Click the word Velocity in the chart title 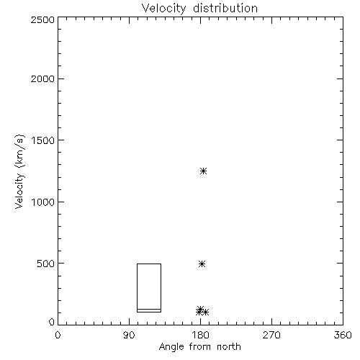point(163,9)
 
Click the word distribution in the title point(225,8)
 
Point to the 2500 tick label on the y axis point(42,19)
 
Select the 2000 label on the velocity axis point(42,78)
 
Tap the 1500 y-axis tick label point(43,140)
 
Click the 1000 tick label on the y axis point(43,202)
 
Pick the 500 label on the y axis point(45,264)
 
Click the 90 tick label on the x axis point(129,336)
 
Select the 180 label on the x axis point(201,336)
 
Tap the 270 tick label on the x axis point(271,336)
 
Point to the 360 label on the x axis point(343,336)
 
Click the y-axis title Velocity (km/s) point(19,171)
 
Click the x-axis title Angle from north point(200,347)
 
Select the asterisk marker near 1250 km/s point(204,171)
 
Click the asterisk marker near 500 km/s point(202,264)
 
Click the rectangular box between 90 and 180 point(137,288)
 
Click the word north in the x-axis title point(229,346)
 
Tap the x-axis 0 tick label point(58,336)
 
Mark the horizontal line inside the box point(149,309)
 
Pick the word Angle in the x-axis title point(171,347)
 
